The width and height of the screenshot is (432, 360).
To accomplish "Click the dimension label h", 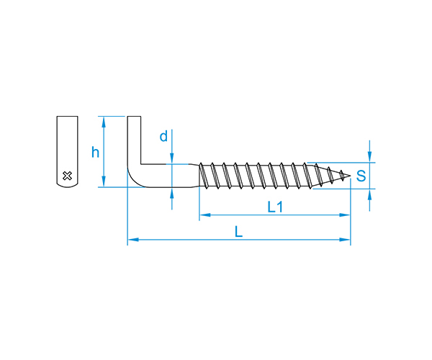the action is click(x=95, y=153).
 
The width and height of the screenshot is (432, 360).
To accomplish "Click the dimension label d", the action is click(x=163, y=136).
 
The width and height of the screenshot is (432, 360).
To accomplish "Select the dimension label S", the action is click(x=361, y=176).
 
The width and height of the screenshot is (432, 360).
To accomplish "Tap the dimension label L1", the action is click(x=275, y=207).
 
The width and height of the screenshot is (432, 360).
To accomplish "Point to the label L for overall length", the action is click(x=238, y=232).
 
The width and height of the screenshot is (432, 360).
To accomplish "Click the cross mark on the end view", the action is click(x=67, y=176).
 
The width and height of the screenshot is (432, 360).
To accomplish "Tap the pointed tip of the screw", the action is click(x=350, y=176).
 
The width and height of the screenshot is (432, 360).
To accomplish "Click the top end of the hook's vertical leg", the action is click(x=134, y=117).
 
